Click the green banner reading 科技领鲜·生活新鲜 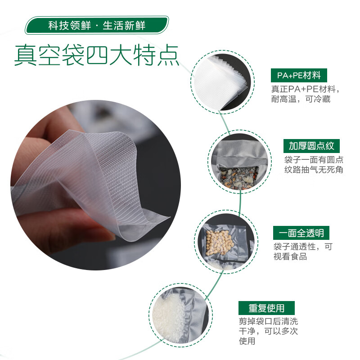click(x=97, y=25)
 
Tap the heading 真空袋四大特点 click(x=97, y=55)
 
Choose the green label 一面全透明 click(x=301, y=233)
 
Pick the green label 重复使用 click(x=266, y=308)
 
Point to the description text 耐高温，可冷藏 click(x=301, y=99)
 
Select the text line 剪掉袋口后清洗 click(x=268, y=322)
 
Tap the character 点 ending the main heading click(x=168, y=55)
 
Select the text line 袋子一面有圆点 click(x=314, y=160)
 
